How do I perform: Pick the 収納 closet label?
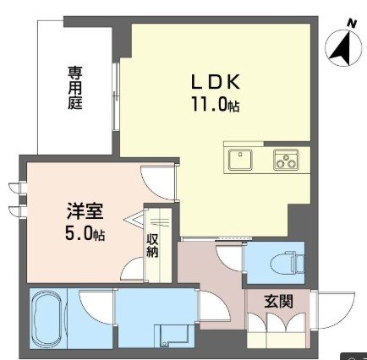click(x=153, y=245)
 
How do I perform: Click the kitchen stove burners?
click(x=285, y=158)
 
